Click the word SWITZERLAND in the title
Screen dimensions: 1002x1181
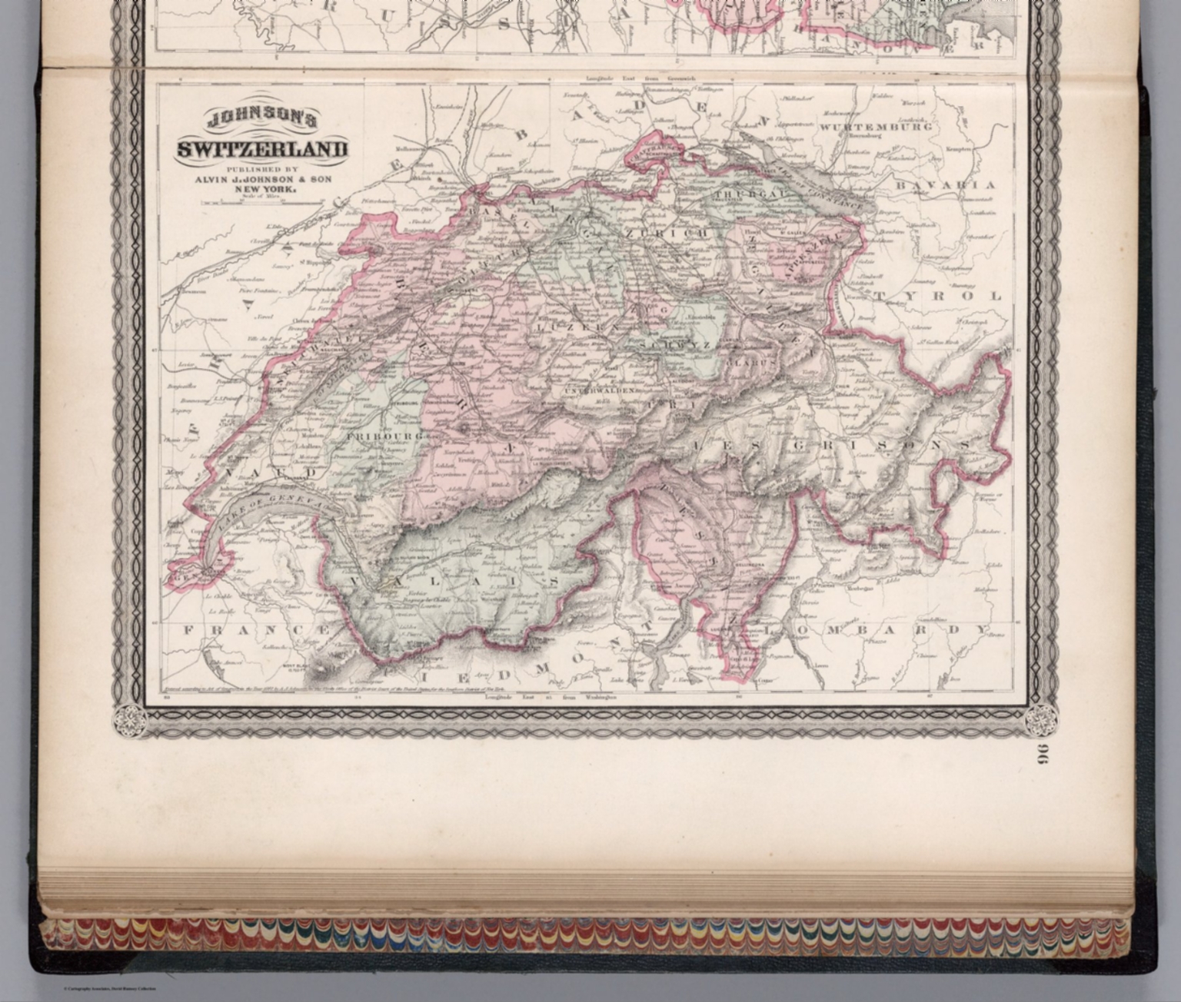[262, 148]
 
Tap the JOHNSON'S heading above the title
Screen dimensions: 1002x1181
[261, 120]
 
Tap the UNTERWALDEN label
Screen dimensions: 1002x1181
[601, 390]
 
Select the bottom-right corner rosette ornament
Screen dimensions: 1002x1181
[1040, 720]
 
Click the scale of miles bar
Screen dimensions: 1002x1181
[262, 203]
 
